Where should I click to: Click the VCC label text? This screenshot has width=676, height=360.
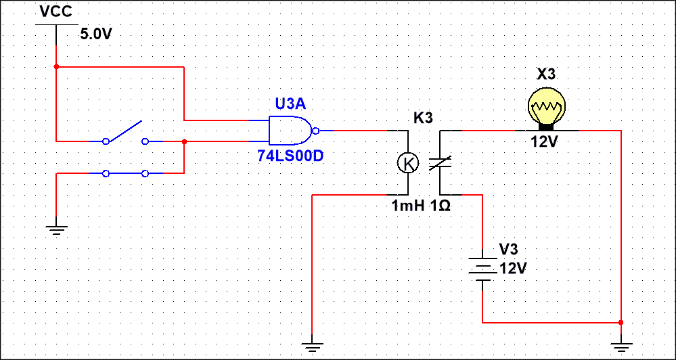point(55,12)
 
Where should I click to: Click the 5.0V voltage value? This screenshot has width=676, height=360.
point(95,34)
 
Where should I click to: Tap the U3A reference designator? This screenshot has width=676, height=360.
point(290,104)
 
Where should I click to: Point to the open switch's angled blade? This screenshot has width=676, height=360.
point(125,132)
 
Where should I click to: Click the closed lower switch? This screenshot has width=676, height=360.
point(125,174)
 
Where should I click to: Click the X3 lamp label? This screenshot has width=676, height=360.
point(545,74)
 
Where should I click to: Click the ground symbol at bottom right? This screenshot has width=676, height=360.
point(621,347)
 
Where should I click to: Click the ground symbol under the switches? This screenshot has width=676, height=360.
point(57,229)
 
